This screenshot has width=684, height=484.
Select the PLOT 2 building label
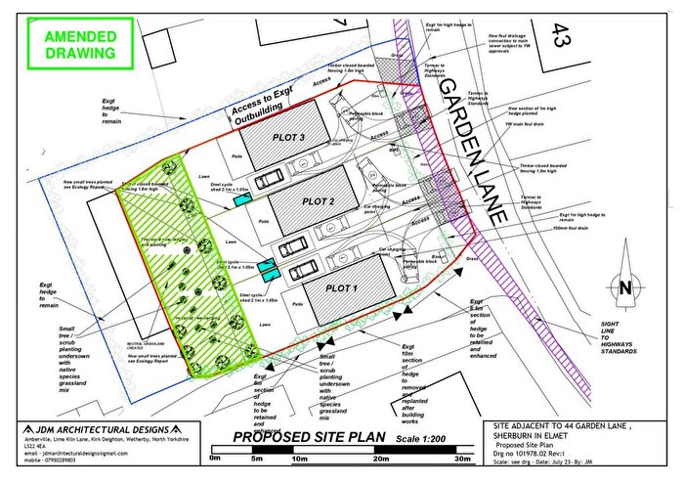point(319,201)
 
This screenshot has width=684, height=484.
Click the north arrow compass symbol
point(623,286)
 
